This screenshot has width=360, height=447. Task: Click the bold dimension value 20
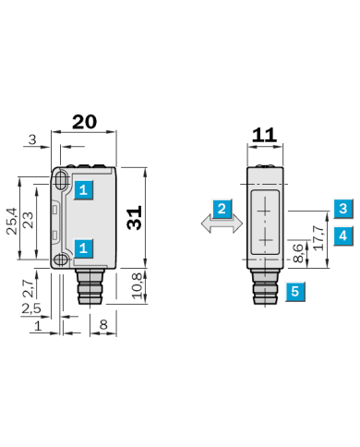point(84,122)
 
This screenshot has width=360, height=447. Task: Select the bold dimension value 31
point(135,218)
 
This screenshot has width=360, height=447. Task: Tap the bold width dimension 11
point(264,135)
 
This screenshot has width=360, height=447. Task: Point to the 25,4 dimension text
point(12,221)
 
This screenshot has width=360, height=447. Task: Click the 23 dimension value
point(29,220)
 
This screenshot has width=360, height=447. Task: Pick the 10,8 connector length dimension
point(138,285)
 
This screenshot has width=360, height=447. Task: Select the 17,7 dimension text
point(318,238)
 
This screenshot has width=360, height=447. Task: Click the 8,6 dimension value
point(298,253)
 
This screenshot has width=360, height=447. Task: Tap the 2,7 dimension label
point(29,288)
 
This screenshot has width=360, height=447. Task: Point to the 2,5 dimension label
point(31,308)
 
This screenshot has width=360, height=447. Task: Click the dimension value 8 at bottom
point(103,324)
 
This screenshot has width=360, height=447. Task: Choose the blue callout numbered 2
point(222,209)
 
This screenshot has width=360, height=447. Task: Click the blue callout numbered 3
point(343,209)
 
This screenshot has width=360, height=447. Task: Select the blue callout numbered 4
point(343,236)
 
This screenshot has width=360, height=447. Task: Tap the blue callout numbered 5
point(295,291)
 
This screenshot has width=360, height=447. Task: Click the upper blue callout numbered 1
point(83,190)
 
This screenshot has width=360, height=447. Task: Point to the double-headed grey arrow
point(222,223)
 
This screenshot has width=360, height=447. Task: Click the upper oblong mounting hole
point(61,179)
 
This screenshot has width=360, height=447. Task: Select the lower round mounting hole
point(61,260)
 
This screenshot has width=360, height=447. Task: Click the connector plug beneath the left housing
point(90,286)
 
